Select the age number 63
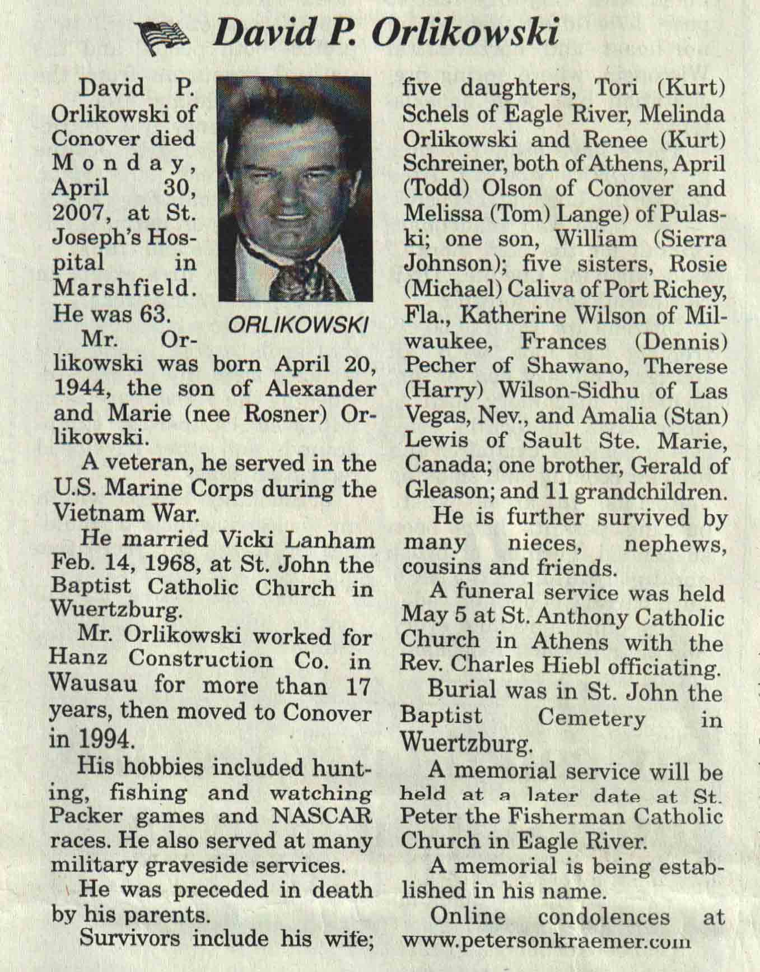(155, 314)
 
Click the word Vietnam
(95, 514)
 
